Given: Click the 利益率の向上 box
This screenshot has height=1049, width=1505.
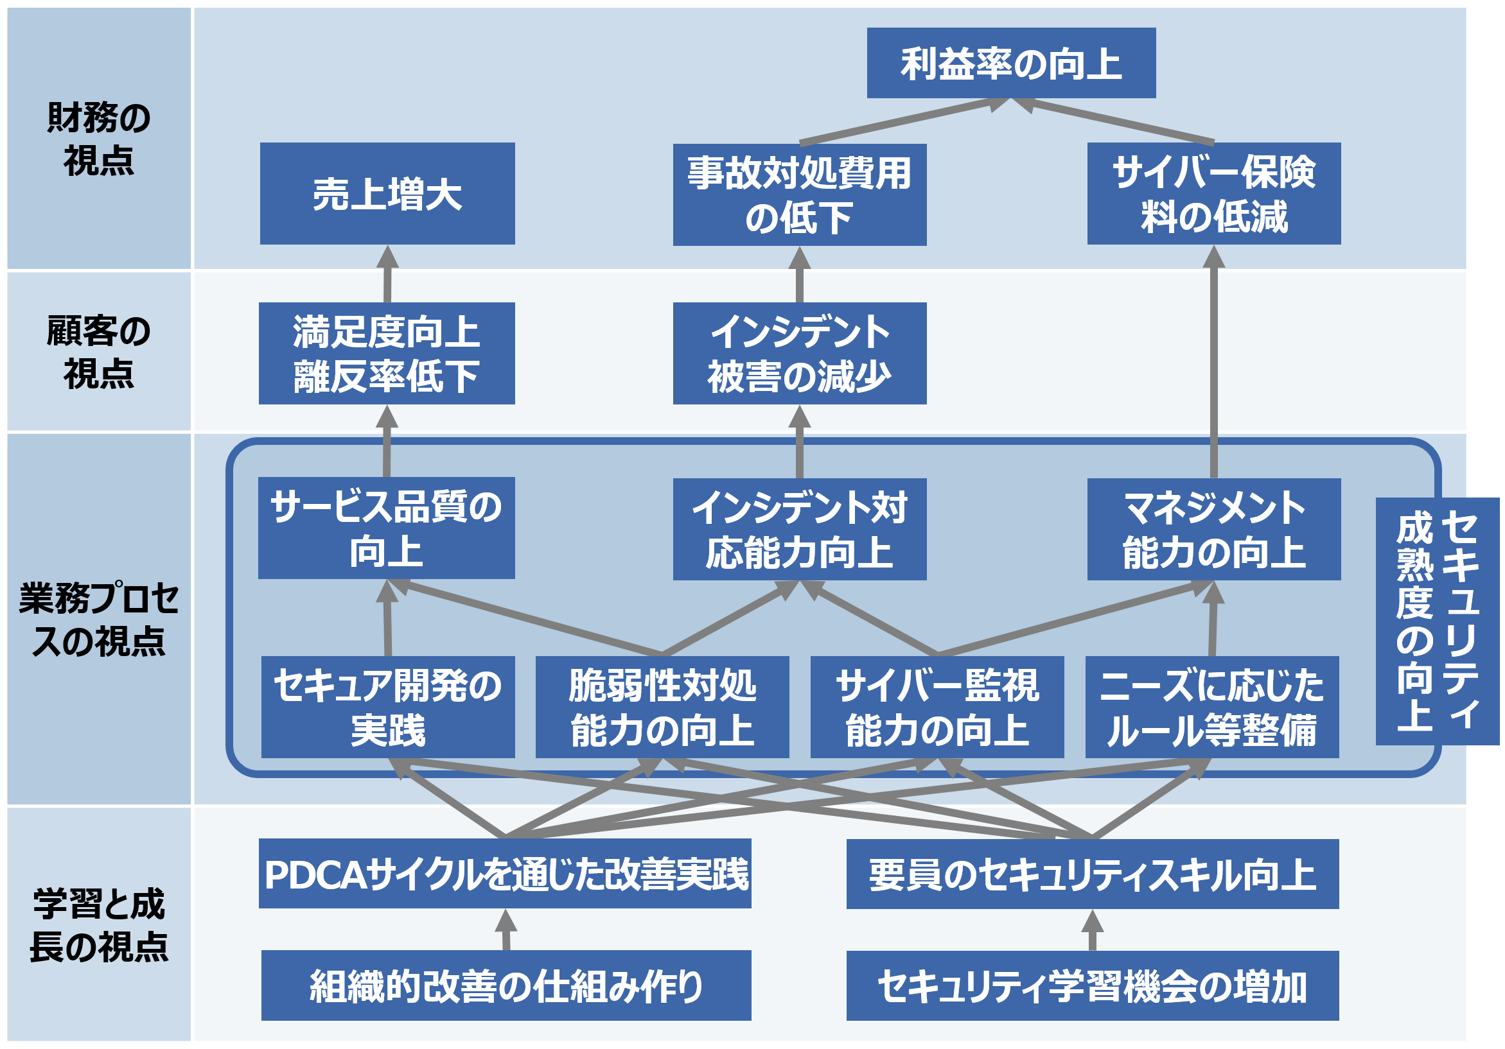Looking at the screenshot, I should (x=1011, y=63).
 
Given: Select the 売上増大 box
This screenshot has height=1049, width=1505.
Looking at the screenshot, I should (x=387, y=194).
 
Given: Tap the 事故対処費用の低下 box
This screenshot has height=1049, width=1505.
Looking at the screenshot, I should (x=799, y=195).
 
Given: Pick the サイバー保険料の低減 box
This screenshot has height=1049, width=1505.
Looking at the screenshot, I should (x=1213, y=194).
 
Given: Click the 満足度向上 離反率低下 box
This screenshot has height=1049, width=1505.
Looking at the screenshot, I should (x=387, y=353).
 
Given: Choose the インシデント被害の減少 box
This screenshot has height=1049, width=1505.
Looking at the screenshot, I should (x=799, y=353).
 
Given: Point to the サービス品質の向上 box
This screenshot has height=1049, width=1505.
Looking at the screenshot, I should (x=386, y=528).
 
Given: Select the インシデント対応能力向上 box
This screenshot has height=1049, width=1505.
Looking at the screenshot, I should (x=799, y=530).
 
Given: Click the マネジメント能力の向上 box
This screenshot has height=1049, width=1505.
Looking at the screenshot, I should (x=1213, y=530).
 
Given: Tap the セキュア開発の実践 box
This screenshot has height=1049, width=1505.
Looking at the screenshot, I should (x=387, y=707).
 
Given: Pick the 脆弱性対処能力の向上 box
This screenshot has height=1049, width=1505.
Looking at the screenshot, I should (x=662, y=707).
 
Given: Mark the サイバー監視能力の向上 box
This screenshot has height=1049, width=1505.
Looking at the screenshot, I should (x=937, y=707).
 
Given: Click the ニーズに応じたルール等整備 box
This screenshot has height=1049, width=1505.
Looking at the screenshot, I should (x=1211, y=707).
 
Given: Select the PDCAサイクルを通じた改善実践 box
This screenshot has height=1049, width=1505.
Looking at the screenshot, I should (x=505, y=873).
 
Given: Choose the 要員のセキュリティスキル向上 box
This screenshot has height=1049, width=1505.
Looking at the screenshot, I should (x=1092, y=874).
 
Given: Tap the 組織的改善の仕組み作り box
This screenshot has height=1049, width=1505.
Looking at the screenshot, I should (x=506, y=985).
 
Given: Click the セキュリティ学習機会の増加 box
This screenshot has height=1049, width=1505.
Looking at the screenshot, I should (x=1092, y=986).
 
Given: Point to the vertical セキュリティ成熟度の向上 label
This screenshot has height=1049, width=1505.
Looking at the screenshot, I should (x=1437, y=621).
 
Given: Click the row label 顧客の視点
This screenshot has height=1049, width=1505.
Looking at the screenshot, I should (x=98, y=352).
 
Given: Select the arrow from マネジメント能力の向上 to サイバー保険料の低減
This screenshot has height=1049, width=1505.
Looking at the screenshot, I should (x=1213, y=367).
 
